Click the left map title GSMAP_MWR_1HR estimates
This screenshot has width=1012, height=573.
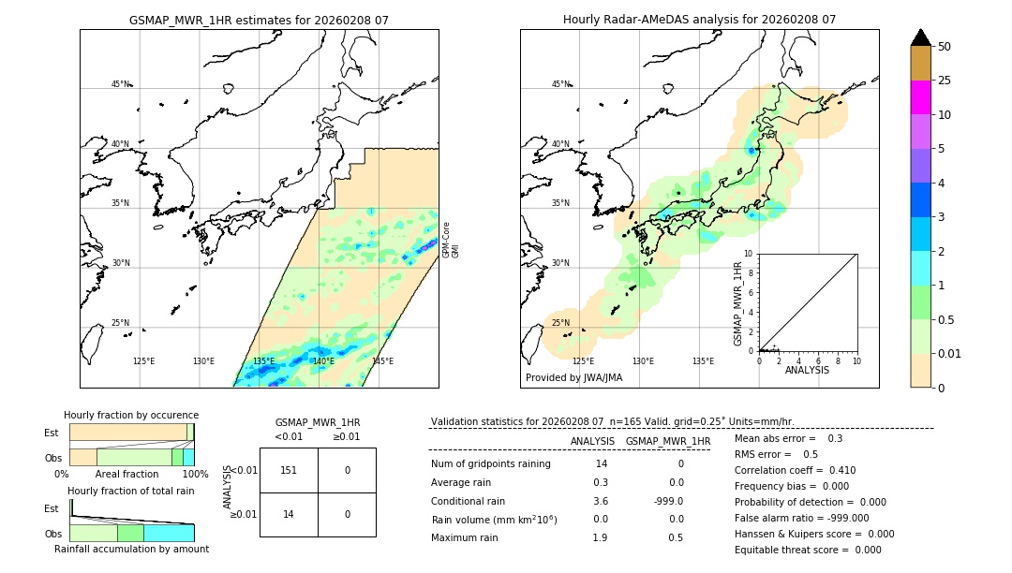[x=259, y=20]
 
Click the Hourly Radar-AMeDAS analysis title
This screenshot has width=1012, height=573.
[x=699, y=20]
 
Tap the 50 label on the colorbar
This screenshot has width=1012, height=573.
[x=945, y=47]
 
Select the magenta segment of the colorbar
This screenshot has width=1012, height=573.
[x=920, y=97]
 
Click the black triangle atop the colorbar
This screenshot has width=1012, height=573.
[x=920, y=37]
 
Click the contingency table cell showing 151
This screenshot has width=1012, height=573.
[x=289, y=470]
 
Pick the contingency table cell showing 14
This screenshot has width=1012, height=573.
[x=289, y=514]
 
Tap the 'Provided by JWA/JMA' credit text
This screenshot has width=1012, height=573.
[x=573, y=377]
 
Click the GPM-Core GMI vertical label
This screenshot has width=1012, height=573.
[x=451, y=240]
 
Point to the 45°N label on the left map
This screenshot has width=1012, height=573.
[x=121, y=84]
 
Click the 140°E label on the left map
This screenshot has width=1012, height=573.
[x=323, y=360]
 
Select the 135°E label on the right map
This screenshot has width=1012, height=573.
[x=703, y=360]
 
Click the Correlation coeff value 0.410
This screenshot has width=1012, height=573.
[x=836, y=470]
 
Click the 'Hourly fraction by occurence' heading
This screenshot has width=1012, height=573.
[x=131, y=415]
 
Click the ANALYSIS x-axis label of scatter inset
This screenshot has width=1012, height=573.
[x=808, y=370]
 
